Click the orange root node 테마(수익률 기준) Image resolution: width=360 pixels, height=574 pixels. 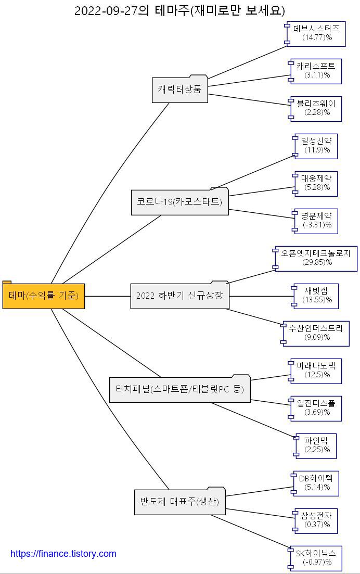pyautogui.click(x=44, y=296)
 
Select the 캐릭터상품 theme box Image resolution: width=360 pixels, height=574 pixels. pyautogui.click(x=179, y=90)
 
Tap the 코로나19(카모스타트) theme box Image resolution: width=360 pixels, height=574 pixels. pyautogui.click(x=179, y=202)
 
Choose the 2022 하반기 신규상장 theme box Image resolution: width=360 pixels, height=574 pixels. pyautogui.click(x=179, y=296)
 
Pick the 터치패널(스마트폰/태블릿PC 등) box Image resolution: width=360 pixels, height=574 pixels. pyautogui.click(x=179, y=389)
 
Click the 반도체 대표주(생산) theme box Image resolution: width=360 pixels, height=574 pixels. pyautogui.click(x=179, y=502)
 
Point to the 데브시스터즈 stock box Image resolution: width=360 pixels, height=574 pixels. pyautogui.click(x=316, y=33)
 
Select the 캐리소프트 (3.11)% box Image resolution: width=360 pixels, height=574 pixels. pyautogui.click(x=316, y=71)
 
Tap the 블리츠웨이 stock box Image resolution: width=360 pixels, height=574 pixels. pyautogui.click(x=316, y=108)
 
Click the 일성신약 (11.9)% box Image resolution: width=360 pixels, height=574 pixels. pyautogui.click(x=316, y=146)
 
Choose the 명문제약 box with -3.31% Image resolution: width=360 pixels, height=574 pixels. pyautogui.click(x=316, y=221)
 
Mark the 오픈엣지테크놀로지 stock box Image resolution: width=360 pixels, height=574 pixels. pyautogui.click(x=316, y=258)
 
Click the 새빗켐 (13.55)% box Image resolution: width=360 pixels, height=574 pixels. pyautogui.click(x=316, y=296)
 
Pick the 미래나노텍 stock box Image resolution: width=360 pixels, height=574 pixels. pyautogui.click(x=316, y=371)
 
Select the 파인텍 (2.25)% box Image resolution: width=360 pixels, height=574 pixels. pyautogui.click(x=316, y=445)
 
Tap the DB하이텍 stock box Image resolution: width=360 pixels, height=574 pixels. pyautogui.click(x=316, y=483)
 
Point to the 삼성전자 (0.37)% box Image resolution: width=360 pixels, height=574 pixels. pyautogui.click(x=316, y=520)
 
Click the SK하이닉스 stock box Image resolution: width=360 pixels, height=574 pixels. pyautogui.click(x=316, y=558)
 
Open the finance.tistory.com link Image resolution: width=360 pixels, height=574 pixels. pyautogui.click(x=63, y=554)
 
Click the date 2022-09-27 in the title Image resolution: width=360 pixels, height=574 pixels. pyautogui.click(x=107, y=11)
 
